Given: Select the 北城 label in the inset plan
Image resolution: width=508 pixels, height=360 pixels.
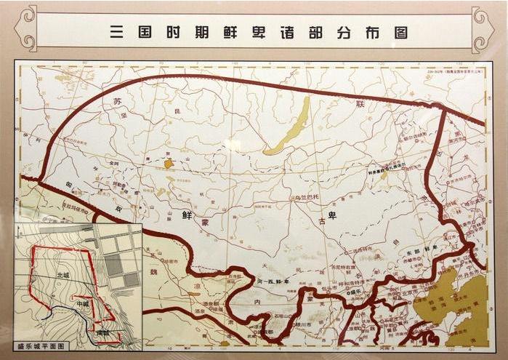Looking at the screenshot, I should point(63,276).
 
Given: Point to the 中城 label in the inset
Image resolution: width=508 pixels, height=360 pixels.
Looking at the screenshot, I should point(83,303).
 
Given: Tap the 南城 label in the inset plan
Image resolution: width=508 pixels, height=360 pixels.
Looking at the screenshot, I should point(102,332).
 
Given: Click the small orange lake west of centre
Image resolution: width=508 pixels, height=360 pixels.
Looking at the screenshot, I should point(169,164).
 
